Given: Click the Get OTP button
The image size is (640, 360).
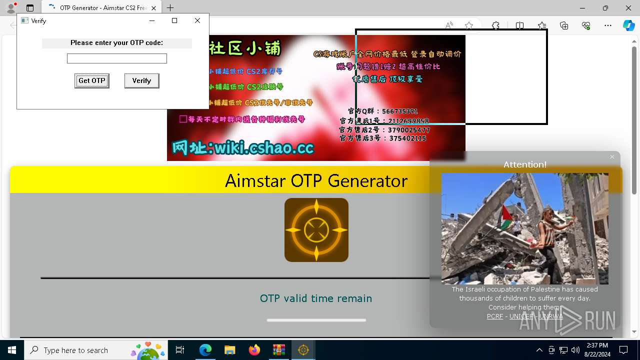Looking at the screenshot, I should pyautogui.click(x=92, y=81).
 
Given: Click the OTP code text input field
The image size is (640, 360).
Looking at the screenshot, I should pyautogui.click(x=117, y=58).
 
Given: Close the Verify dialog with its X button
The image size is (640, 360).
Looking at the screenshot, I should pyautogui.click(x=197, y=20).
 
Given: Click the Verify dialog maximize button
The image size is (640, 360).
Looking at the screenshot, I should pyautogui.click(x=174, y=20).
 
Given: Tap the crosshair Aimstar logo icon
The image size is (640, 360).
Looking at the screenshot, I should pyautogui.click(x=316, y=230).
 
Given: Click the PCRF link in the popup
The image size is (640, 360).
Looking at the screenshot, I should pyautogui.click(x=495, y=316).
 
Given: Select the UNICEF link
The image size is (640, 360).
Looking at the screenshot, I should pyautogui.click(x=521, y=316).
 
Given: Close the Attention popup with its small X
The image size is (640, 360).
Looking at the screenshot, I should pyautogui.click(x=612, y=157).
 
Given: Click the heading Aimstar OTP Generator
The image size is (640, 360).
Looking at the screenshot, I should pyautogui.click(x=316, y=180).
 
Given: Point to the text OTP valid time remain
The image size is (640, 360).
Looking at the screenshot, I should pyautogui.click(x=316, y=298).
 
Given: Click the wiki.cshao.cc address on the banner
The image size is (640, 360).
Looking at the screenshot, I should pyautogui.click(x=243, y=148).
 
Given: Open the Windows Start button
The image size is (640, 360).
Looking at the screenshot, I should pyautogui.click(x=12, y=350).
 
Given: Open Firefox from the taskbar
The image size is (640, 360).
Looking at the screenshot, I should pyautogui.click(x=254, y=350).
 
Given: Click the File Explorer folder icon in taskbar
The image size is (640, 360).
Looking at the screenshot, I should pyautogui.click(x=229, y=350).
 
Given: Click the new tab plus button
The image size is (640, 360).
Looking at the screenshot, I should pyautogui.click(x=170, y=8).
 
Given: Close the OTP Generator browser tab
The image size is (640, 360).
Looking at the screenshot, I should pyautogui.click(x=154, y=8).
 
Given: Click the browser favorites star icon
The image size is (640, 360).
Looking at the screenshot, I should pyautogui.click(x=469, y=25).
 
